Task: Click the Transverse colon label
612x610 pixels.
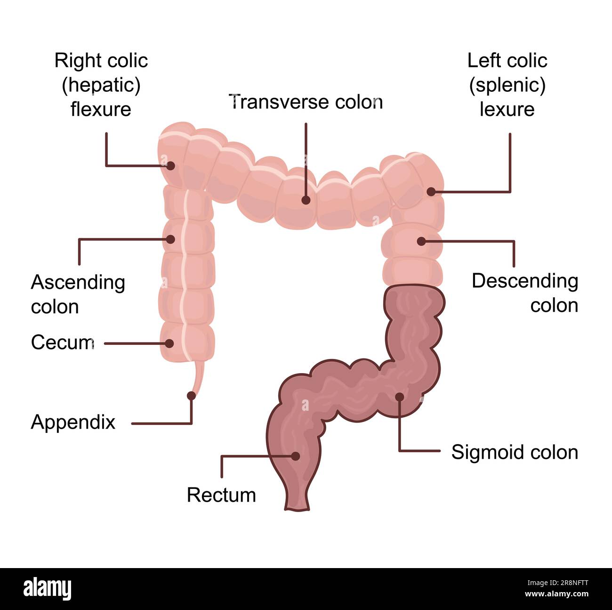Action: point(306,102)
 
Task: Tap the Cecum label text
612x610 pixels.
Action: point(62,342)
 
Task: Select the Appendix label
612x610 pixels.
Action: point(73,422)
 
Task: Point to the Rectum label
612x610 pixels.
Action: point(221,495)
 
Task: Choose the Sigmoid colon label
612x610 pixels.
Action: point(515,452)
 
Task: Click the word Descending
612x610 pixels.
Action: point(525,281)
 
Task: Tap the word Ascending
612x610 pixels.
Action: point(78,283)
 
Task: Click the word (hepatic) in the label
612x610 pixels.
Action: point(101,85)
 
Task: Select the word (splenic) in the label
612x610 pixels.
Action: point(507,85)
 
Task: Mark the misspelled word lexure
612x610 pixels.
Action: point(507,109)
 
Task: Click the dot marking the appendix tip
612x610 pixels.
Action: point(191,396)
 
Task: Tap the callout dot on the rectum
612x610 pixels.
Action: point(296,456)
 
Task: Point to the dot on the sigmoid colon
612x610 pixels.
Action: point(399,397)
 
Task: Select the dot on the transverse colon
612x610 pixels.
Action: point(306,200)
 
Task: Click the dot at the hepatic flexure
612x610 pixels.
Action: point(170,166)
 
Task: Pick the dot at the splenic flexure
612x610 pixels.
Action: point(431,191)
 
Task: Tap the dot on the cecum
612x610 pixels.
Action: point(170,343)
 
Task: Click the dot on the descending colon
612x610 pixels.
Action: point(421,241)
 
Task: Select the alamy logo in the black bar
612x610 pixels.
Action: point(47,589)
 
